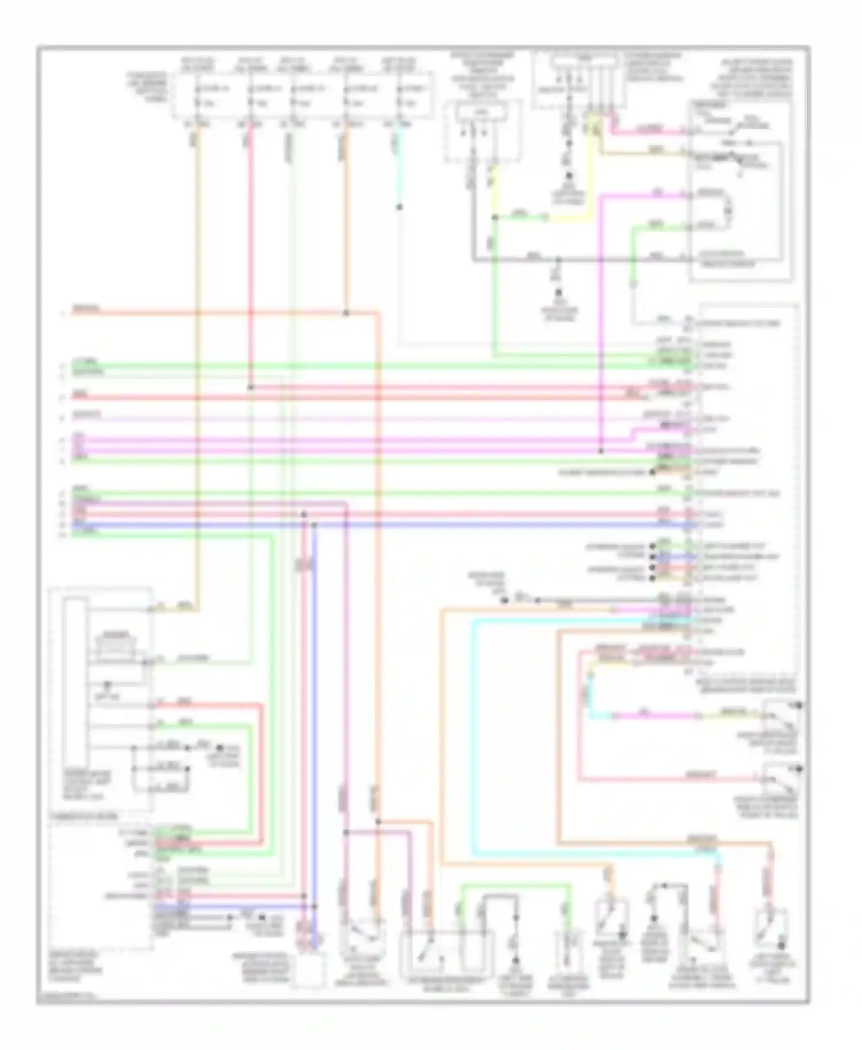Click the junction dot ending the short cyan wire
(x=399, y=207)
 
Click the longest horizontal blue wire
(x=402, y=524)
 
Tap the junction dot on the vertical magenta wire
(x=601, y=451)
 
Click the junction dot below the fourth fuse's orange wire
(x=346, y=313)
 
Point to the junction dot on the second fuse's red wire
(x=251, y=387)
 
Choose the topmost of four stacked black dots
(x=652, y=546)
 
